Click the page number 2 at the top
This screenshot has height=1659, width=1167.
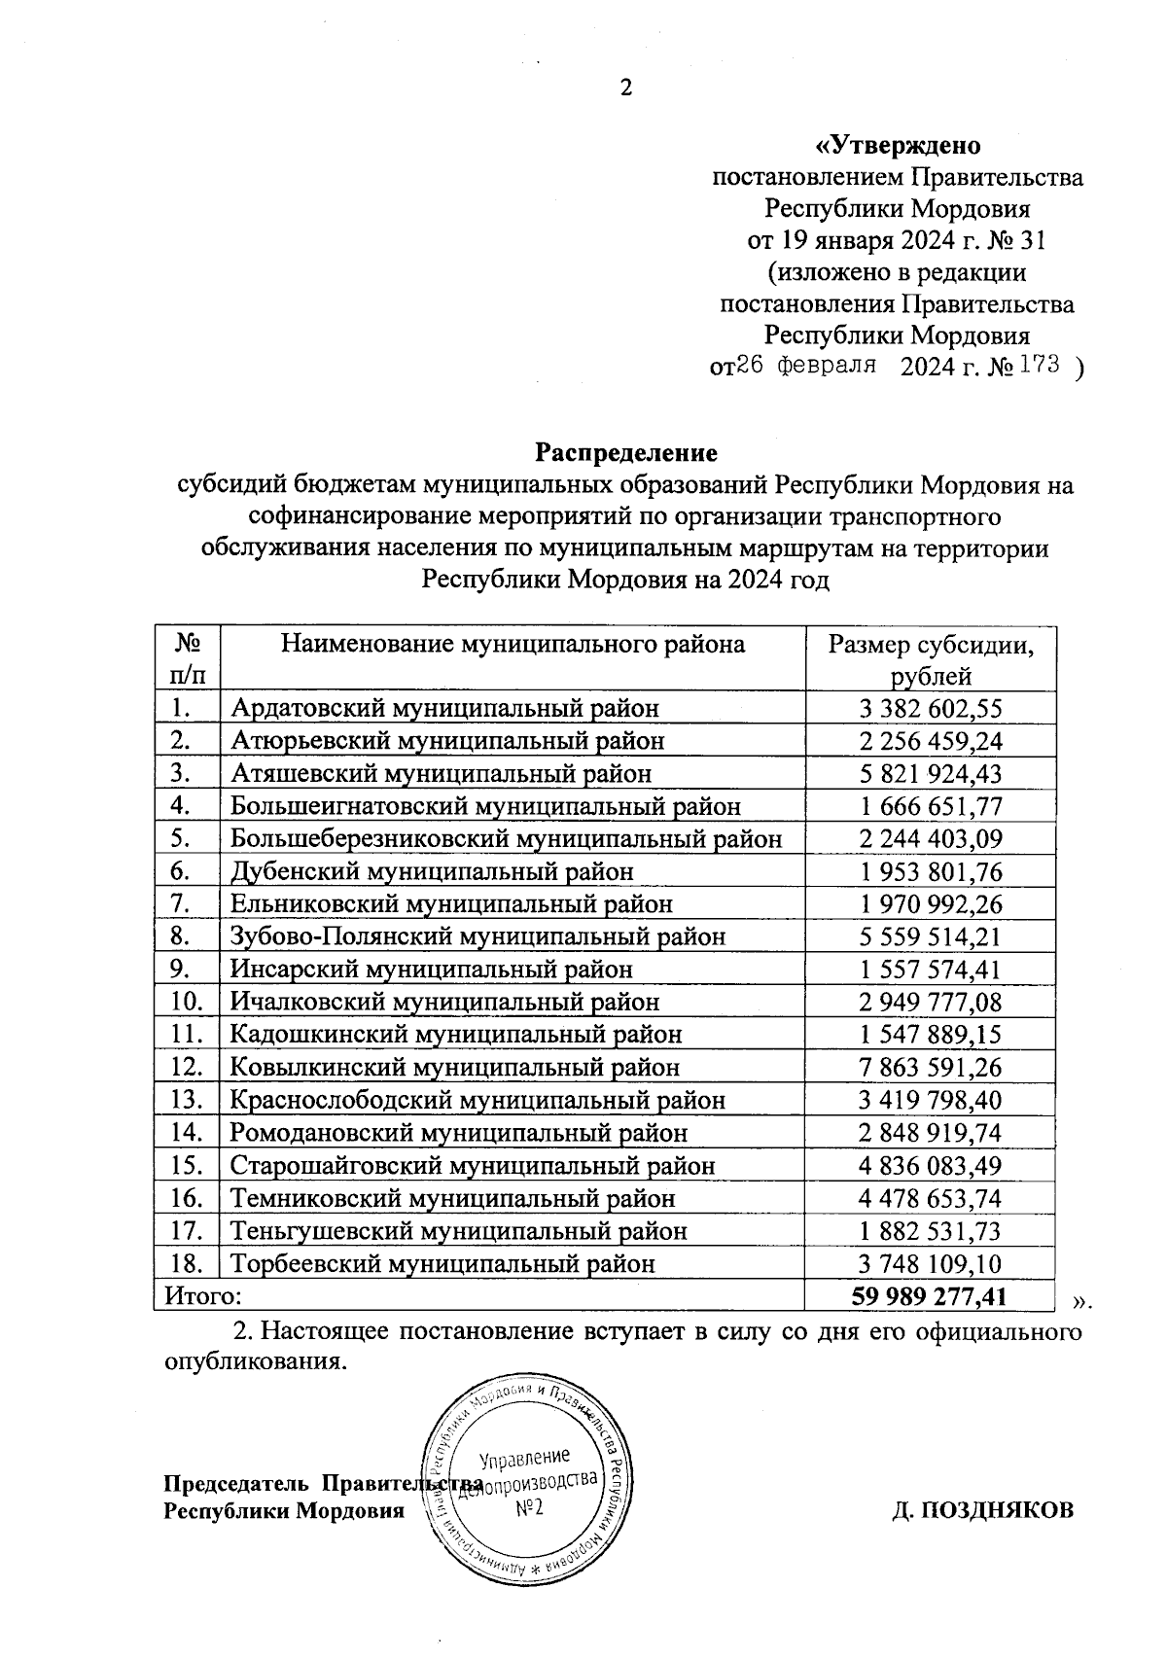pyautogui.click(x=625, y=88)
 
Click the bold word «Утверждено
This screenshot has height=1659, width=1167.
pyautogui.click(x=897, y=147)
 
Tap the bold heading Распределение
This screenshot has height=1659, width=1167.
pyautogui.click(x=626, y=453)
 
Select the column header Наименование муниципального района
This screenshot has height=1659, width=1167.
pyautogui.click(x=513, y=644)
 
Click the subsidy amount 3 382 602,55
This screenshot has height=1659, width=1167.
pyautogui.click(x=931, y=708)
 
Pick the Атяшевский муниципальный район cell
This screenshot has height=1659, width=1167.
pyautogui.click(x=441, y=773)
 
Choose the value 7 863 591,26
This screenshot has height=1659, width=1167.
pyautogui.click(x=931, y=1068)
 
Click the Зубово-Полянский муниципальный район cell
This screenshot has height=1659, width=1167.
pyautogui.click(x=477, y=936)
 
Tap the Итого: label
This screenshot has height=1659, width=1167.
pyautogui.click(x=202, y=1296)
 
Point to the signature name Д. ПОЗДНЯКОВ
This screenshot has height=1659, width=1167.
pyautogui.click(x=983, y=1510)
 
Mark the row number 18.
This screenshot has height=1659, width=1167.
pyautogui.click(x=185, y=1263)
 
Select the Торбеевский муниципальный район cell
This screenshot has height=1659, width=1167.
pyautogui.click(x=442, y=1263)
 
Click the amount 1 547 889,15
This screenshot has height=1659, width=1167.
pyautogui.click(x=931, y=1035)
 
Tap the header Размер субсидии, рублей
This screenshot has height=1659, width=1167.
pyautogui.click(x=931, y=659)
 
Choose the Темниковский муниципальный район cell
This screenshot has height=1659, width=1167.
pyautogui.click(x=452, y=1198)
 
